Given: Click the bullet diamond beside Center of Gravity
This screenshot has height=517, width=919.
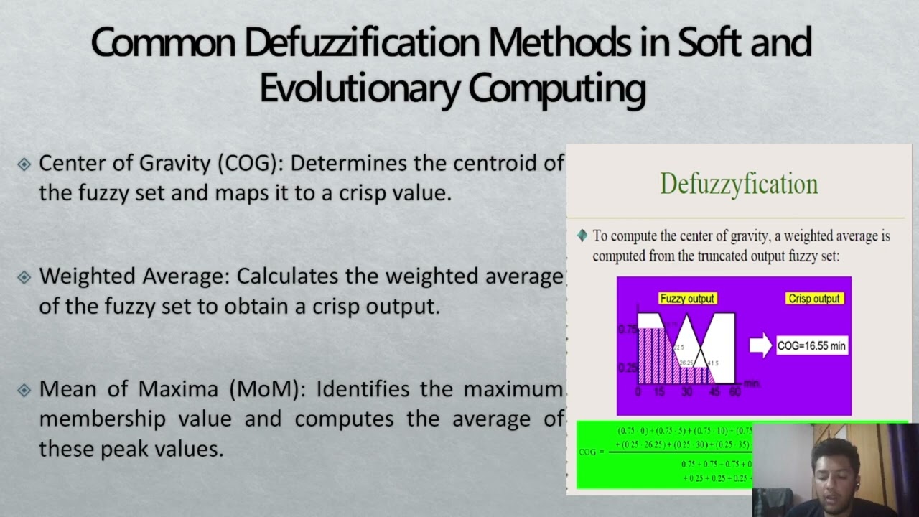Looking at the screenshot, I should (x=24, y=164).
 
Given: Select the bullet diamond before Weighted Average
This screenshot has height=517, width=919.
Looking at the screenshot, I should (x=24, y=277).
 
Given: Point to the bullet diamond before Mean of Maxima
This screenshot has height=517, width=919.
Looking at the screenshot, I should (x=24, y=390).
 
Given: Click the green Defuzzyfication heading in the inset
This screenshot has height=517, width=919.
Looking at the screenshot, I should (x=739, y=184).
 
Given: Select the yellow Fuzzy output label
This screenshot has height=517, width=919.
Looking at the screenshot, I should (x=687, y=299).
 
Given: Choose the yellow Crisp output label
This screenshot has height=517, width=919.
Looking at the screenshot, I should (x=813, y=299).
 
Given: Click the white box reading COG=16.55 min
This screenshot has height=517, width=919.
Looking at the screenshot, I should (x=812, y=345).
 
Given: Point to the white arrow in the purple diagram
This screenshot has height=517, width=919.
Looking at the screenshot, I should (x=760, y=345).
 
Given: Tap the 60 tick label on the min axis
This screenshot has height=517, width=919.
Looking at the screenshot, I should (x=734, y=392).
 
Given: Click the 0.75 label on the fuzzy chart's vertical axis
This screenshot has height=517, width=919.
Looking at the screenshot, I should (x=627, y=329).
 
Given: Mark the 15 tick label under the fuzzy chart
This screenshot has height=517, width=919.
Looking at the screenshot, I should (x=659, y=392).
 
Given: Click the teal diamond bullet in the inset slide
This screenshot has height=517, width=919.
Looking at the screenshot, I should (x=582, y=236).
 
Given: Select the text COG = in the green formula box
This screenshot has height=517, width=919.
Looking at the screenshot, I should (x=592, y=452).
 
